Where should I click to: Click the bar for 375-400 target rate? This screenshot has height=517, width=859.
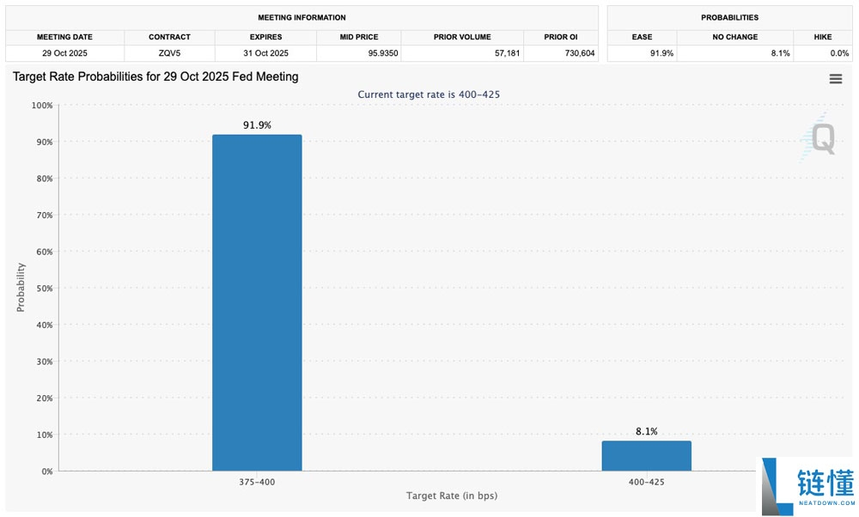click(257, 302)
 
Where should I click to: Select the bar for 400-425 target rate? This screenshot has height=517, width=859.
click(647, 456)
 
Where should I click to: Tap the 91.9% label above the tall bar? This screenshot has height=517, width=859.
click(257, 125)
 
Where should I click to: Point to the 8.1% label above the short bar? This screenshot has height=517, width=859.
click(647, 432)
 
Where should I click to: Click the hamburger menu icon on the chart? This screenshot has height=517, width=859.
click(836, 79)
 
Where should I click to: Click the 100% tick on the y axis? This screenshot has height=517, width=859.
click(41, 105)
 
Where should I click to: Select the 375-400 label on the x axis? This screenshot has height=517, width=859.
click(257, 482)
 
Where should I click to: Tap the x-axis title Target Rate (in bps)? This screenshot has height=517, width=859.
click(452, 496)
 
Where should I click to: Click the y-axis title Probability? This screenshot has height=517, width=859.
click(21, 288)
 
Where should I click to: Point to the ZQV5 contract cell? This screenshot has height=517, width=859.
click(169, 53)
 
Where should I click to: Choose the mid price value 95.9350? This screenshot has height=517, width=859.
click(383, 53)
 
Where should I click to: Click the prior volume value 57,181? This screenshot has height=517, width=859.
click(508, 53)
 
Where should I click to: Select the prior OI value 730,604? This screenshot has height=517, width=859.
click(580, 53)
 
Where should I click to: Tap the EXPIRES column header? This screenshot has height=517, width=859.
click(265, 37)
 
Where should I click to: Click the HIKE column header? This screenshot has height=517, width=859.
click(823, 37)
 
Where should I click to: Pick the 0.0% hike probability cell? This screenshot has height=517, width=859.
click(839, 53)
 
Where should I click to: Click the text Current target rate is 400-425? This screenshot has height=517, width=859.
click(429, 94)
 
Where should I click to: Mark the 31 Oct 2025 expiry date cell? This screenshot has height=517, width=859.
click(265, 53)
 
